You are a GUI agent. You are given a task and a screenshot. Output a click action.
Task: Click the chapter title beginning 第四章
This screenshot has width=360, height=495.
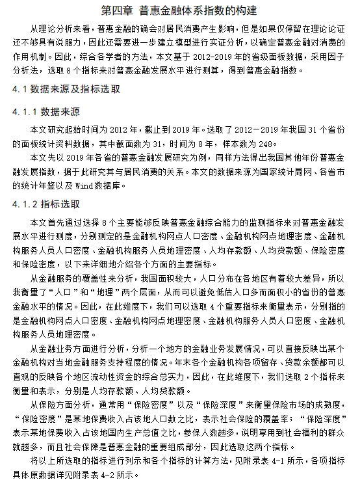pyautogui.click(x=180, y=10)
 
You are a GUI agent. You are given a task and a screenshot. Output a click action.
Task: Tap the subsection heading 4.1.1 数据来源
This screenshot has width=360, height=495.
pyautogui.click(x=45, y=112)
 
